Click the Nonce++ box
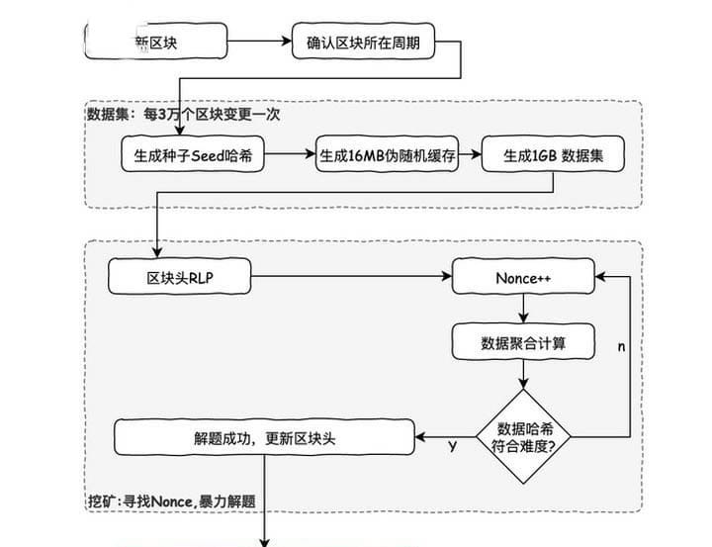pyautogui.click(x=523, y=278)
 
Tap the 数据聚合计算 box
pyautogui.click(x=523, y=342)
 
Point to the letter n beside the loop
pyautogui.click(x=621, y=347)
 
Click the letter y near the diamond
pyautogui.click(x=452, y=446)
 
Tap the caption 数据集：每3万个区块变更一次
pyautogui.click(x=184, y=115)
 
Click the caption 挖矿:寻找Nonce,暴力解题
pyautogui.click(x=172, y=501)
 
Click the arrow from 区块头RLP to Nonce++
pyautogui.click(x=351, y=278)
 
